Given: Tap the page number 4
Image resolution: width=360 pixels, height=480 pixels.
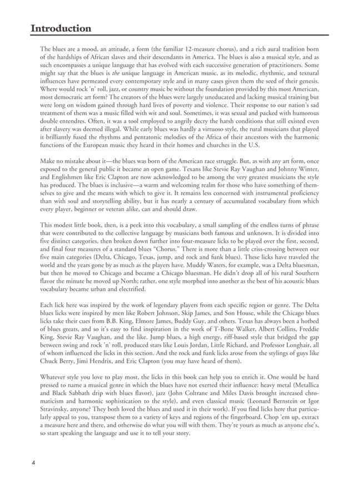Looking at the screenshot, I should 33,461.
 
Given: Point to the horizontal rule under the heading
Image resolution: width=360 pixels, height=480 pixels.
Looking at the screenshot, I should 179,36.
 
